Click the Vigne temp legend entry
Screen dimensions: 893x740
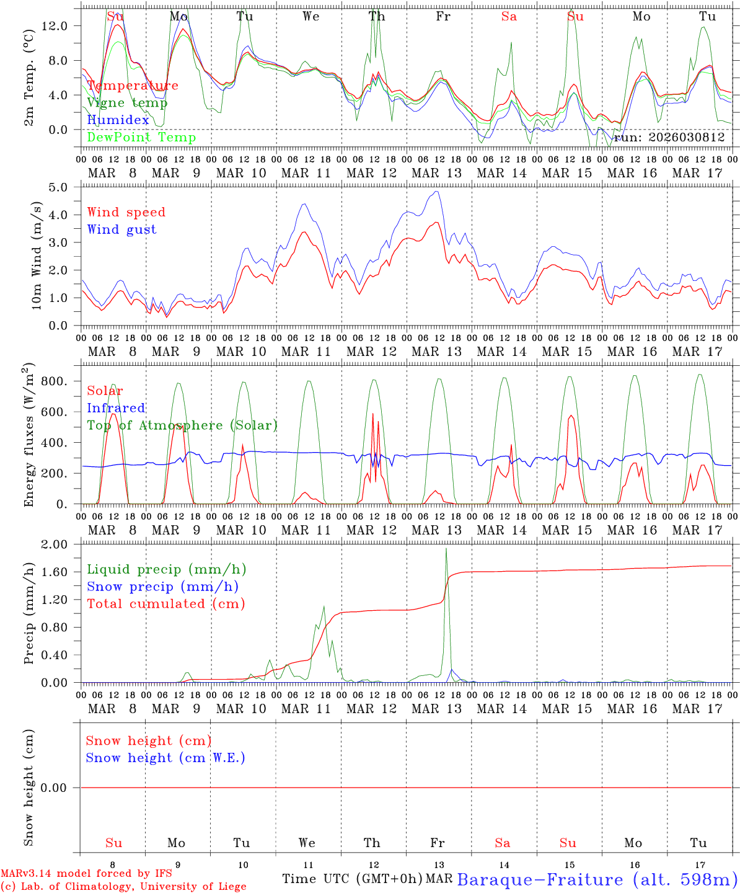[x=127, y=103]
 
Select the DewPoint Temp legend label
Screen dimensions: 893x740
[x=141, y=138]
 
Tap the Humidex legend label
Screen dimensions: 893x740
[x=118, y=120]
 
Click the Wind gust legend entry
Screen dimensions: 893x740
[x=121, y=229]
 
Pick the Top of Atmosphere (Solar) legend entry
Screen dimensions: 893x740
[x=182, y=425]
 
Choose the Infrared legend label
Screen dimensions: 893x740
[x=116, y=408]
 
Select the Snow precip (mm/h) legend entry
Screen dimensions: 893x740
[x=162, y=587]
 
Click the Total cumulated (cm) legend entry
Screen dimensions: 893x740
[x=165, y=604]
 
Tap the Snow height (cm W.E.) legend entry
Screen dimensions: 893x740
[x=165, y=758]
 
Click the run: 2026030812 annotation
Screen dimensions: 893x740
[x=669, y=138]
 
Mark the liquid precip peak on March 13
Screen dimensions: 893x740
[x=446, y=549]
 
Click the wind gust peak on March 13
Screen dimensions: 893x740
[x=437, y=192]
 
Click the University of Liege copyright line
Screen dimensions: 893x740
[x=123, y=886]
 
